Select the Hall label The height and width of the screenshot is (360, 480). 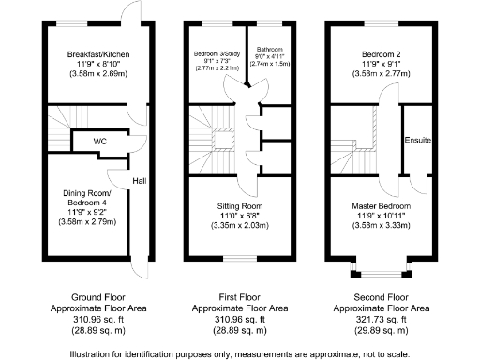(139, 181)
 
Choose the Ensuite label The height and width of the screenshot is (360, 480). (418, 141)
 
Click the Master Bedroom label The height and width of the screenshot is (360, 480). (381, 205)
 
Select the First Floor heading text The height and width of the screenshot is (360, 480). (239, 296)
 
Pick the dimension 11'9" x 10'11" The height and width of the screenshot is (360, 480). (381, 215)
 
